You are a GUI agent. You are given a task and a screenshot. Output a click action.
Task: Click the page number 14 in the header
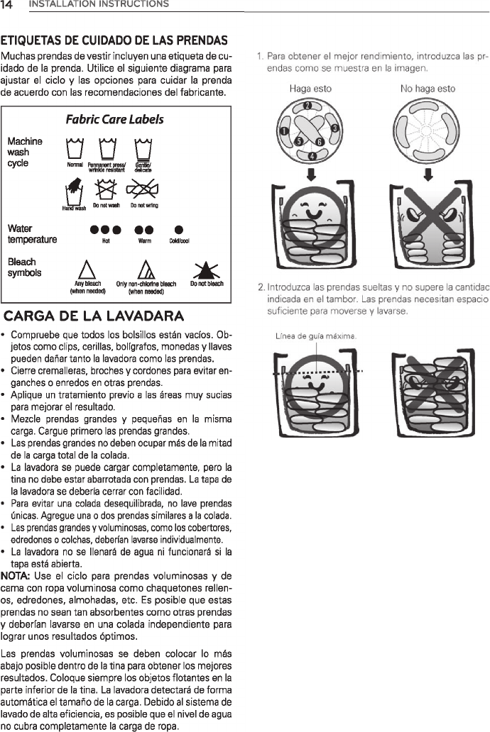[x=11, y=5]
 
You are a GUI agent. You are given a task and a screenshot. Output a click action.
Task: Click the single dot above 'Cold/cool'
[x=179, y=230]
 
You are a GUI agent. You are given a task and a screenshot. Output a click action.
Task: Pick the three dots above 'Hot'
[x=106, y=230]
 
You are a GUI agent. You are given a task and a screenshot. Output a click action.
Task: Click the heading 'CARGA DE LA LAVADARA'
[x=95, y=315]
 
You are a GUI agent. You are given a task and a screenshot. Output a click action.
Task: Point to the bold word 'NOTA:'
[x=16, y=572]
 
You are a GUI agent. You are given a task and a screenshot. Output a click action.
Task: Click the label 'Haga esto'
[x=310, y=89]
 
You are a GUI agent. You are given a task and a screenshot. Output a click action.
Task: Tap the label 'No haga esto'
[x=428, y=89]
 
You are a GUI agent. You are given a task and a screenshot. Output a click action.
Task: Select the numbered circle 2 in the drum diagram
[x=308, y=106]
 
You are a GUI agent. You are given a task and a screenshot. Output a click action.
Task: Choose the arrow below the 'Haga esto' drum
[x=310, y=174]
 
